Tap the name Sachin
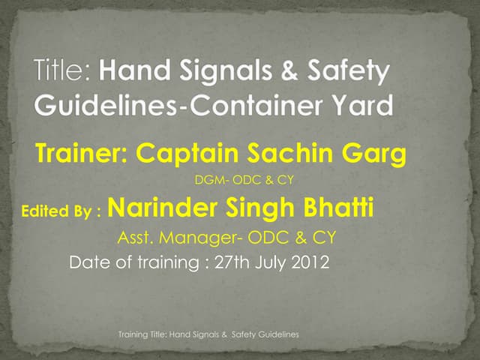click(292, 154)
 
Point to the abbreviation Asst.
click(136, 238)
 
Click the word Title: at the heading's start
click(62, 73)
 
